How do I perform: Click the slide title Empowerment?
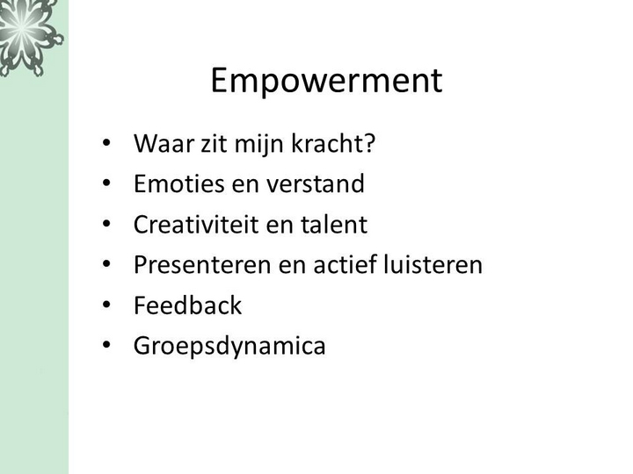coord(326,81)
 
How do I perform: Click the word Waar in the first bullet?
coord(164,143)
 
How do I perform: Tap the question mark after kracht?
coord(369,143)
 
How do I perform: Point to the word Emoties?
coord(178,183)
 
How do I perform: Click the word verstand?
coord(316,183)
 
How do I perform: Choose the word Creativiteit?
coord(196,224)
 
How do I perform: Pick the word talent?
coord(334,224)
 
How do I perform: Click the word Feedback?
coord(188,305)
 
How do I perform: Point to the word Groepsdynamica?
coord(229,346)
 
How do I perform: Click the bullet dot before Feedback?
coord(106,305)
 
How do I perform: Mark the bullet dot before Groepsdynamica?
coord(106,345)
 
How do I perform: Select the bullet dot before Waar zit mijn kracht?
coord(106,143)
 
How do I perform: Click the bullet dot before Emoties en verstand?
coord(106,183)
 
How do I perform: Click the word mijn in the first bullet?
coord(258,144)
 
